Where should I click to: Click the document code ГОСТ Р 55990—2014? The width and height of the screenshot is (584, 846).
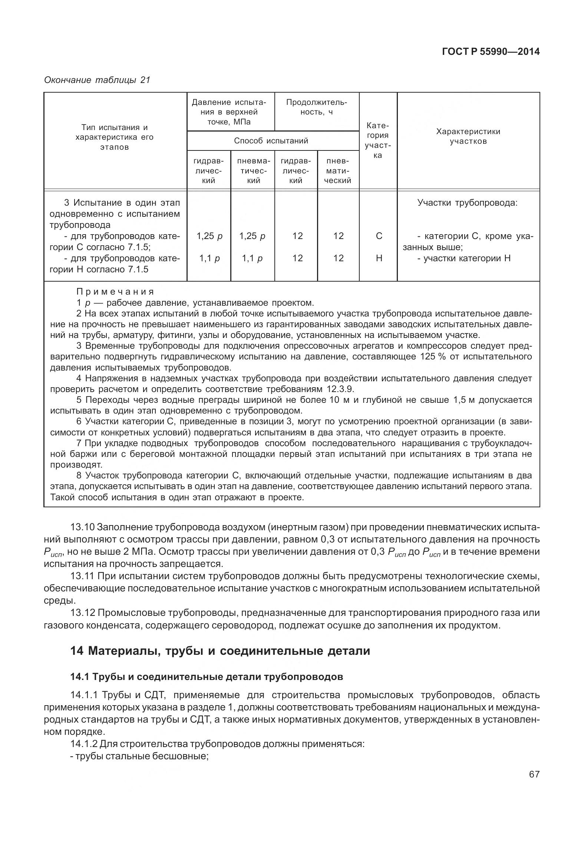[x=491, y=52]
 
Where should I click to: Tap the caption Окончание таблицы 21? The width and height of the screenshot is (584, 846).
[x=97, y=80]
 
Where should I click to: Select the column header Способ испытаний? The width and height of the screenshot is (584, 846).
[x=271, y=141]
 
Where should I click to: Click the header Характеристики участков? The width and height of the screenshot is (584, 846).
[x=468, y=136]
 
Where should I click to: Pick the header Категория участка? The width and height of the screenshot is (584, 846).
[x=377, y=140]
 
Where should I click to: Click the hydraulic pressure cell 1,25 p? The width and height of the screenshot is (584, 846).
[x=209, y=236]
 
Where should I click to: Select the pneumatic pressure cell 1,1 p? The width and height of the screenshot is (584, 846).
[x=252, y=258]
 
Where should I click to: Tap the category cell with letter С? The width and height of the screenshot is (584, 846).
[x=379, y=236]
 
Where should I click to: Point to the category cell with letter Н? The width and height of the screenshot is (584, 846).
[x=379, y=258]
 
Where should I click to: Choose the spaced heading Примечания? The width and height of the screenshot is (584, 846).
[x=115, y=292]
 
